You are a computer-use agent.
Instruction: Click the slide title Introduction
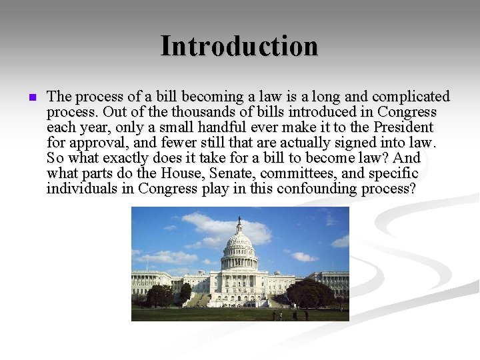point(239,46)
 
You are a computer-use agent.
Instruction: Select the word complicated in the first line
point(412,97)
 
